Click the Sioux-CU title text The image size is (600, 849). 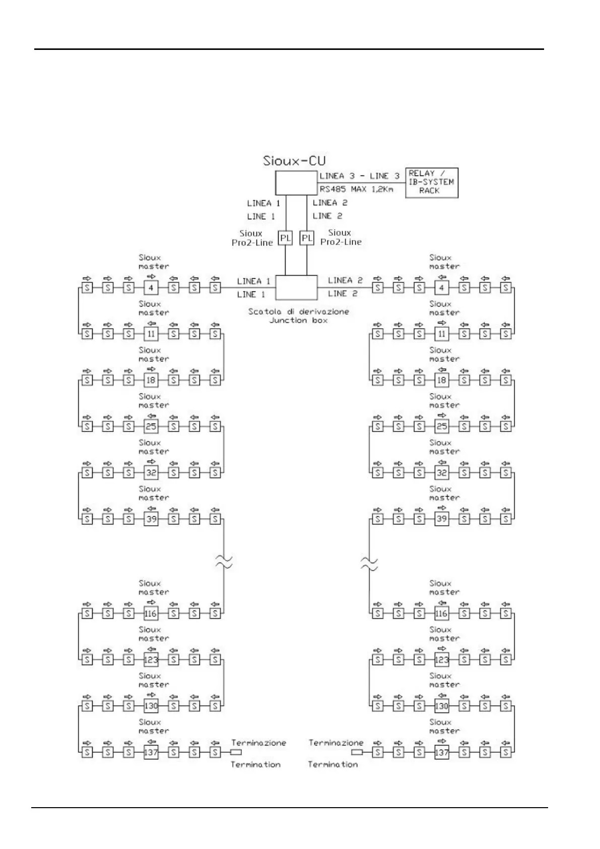click(x=294, y=161)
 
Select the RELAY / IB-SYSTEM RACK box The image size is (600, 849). click(x=431, y=183)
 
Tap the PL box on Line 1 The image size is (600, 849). click(x=286, y=237)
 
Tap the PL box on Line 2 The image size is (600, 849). click(x=307, y=237)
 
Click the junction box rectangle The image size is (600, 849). click(x=296, y=288)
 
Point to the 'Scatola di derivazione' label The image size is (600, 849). click(x=298, y=312)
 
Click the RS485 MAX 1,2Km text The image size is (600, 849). click(x=356, y=190)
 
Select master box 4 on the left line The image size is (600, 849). click(x=151, y=288)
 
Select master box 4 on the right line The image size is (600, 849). click(x=441, y=288)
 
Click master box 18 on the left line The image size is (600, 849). click(x=151, y=380)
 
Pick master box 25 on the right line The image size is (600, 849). click(x=441, y=427)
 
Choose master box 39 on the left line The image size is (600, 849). click(x=151, y=519)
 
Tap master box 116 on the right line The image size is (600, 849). click(x=441, y=614)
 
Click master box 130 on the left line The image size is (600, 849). click(x=151, y=706)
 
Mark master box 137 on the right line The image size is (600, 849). click(x=441, y=752)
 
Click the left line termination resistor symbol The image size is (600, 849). click(x=236, y=752)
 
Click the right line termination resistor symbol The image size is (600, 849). click(x=357, y=752)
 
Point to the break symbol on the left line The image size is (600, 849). click(x=224, y=562)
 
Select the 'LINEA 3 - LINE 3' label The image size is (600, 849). click(x=359, y=176)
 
